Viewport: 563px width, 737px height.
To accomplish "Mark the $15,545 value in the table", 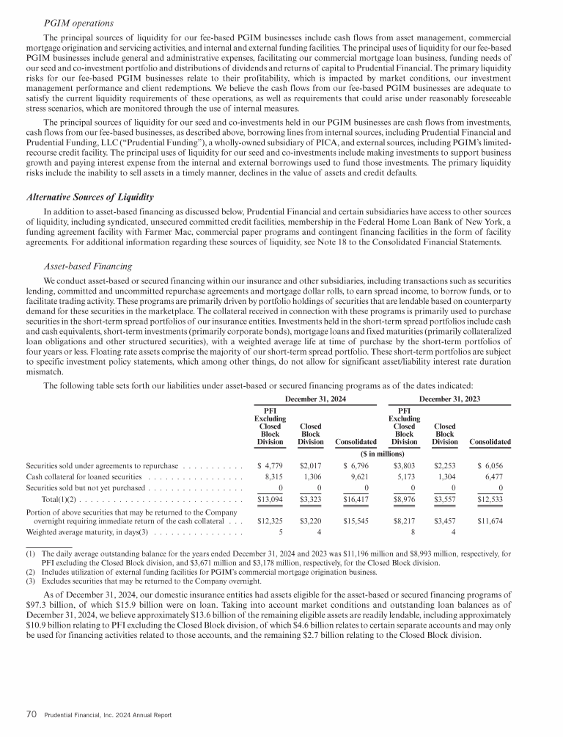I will (360, 520).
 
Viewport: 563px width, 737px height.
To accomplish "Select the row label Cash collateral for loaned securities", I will (87, 477).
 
